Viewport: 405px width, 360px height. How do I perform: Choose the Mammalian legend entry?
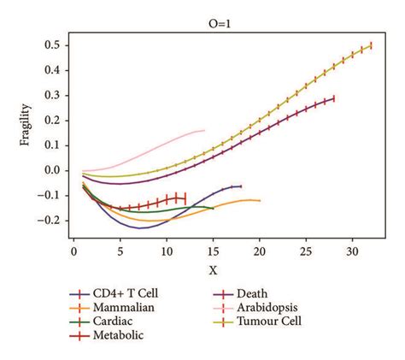[x=120, y=307]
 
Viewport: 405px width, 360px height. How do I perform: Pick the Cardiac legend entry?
[x=111, y=322]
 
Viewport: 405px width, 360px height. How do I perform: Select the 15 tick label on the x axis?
[x=214, y=254]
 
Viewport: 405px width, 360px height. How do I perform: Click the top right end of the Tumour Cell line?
[x=371, y=45]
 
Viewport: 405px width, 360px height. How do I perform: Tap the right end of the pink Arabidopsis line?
[x=204, y=130]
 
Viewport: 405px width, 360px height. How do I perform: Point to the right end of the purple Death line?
[x=334, y=99]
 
